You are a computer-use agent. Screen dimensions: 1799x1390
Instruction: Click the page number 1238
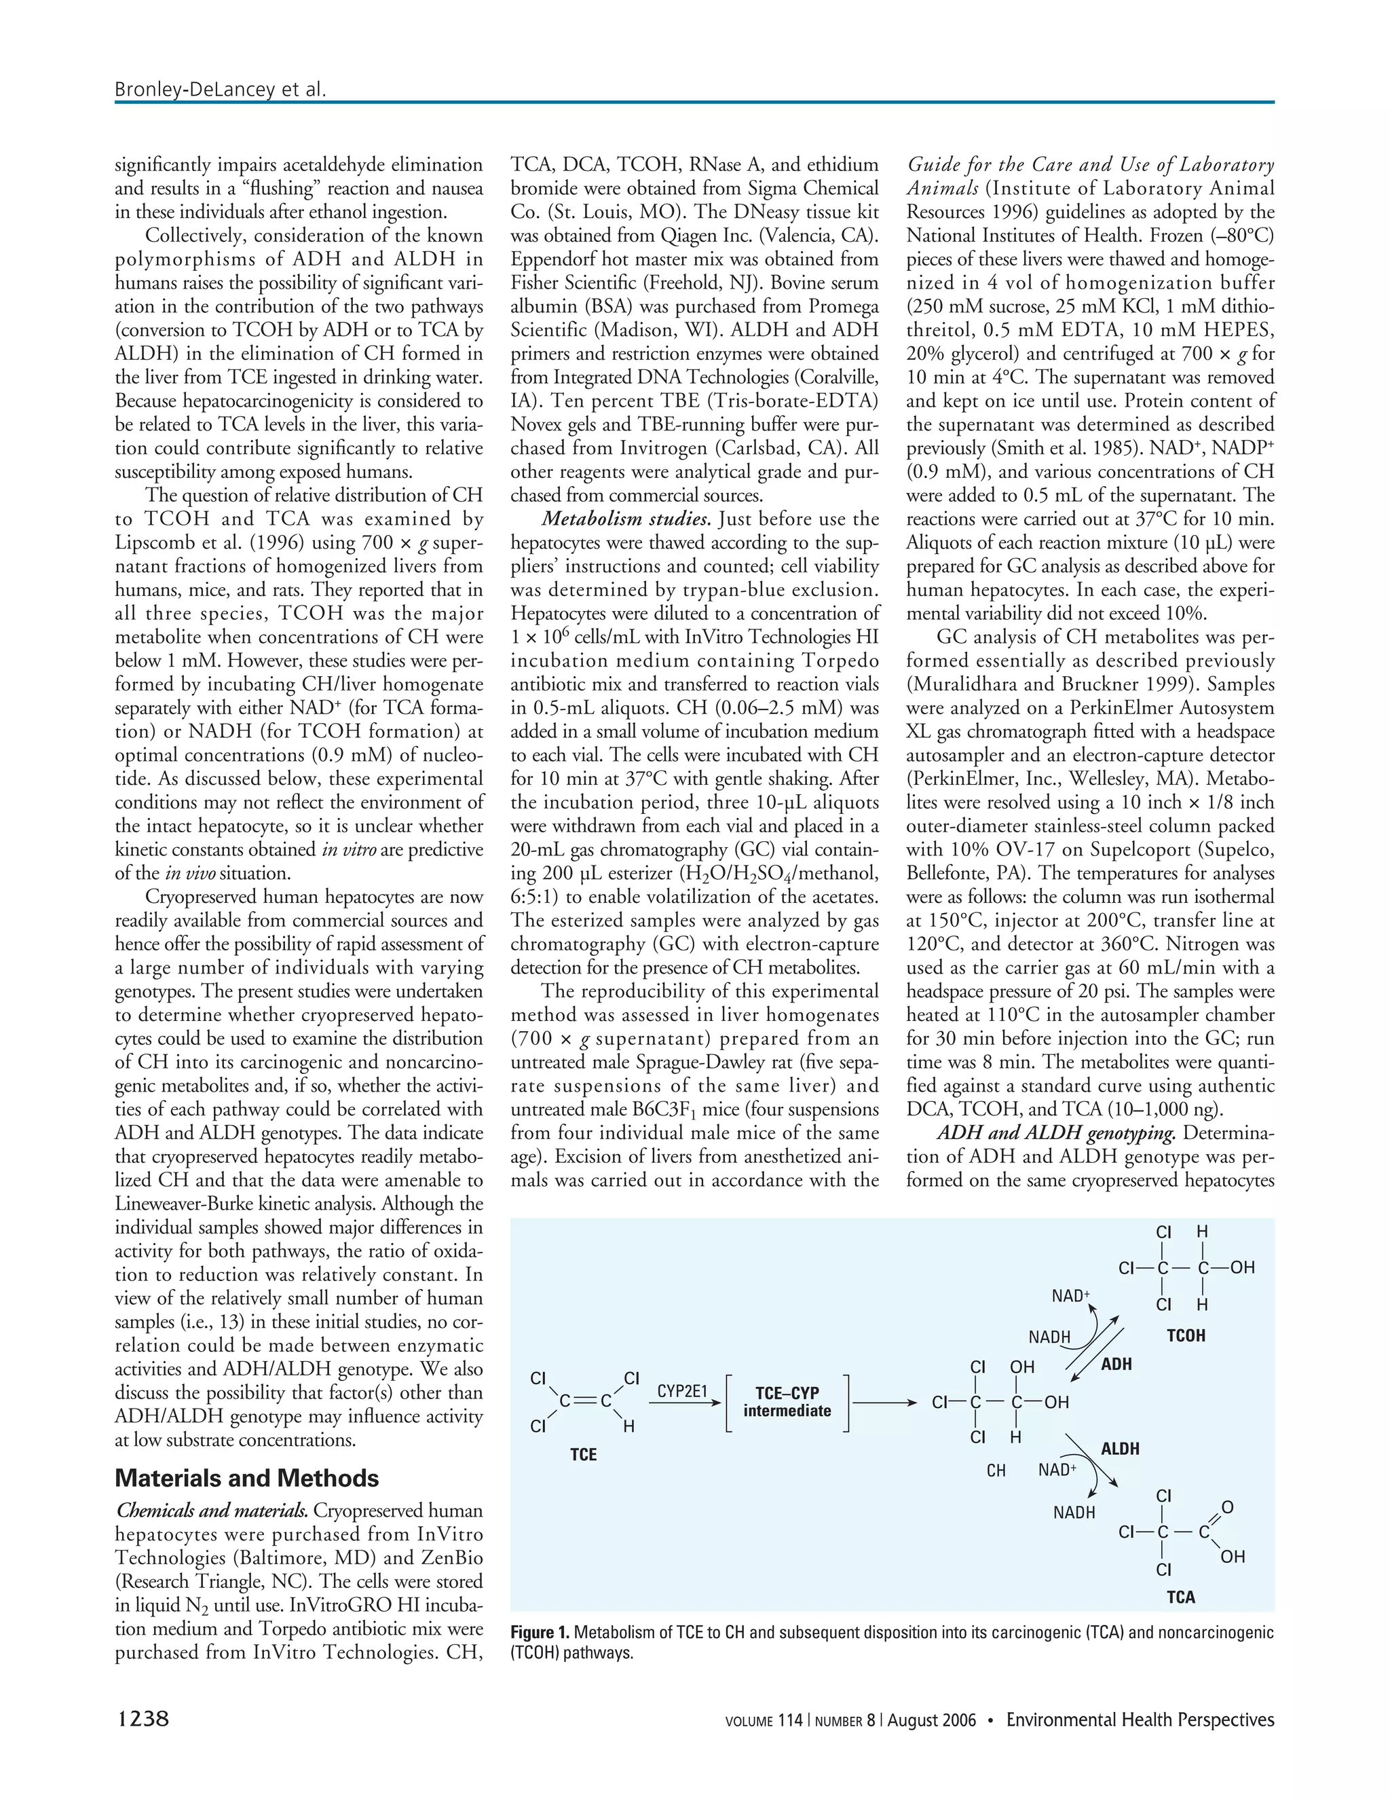point(142,1719)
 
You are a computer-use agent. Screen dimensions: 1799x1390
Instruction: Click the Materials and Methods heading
point(246,1478)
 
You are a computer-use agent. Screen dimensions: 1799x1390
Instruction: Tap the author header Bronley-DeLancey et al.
point(221,89)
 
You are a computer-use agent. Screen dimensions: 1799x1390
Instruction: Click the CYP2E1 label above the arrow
point(683,1391)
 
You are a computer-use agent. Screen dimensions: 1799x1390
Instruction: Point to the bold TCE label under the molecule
point(583,1455)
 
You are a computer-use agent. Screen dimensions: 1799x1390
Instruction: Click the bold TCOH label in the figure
point(1186,1336)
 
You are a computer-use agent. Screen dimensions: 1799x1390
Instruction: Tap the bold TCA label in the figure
point(1180,1597)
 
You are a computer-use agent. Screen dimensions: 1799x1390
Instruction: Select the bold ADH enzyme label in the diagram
point(1116,1364)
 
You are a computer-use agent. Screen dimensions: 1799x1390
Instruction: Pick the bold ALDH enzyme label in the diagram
point(1120,1449)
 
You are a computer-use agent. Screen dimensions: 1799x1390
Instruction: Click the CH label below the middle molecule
point(996,1470)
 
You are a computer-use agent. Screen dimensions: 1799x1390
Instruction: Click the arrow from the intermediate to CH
point(885,1403)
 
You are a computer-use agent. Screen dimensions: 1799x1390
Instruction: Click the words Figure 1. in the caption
point(540,1633)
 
